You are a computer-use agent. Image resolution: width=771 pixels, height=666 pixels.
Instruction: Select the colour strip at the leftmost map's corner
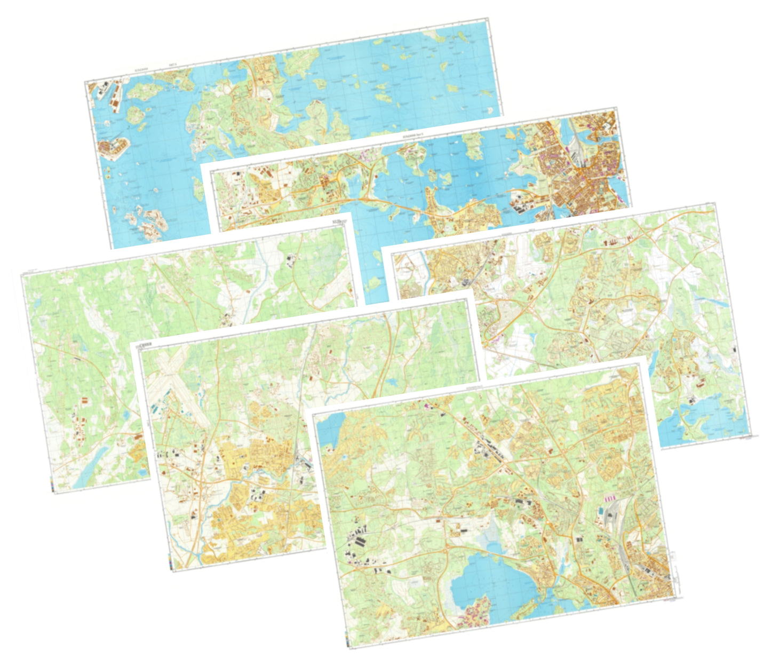point(51,486)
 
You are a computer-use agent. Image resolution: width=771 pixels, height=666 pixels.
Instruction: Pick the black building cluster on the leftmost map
point(291,260)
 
